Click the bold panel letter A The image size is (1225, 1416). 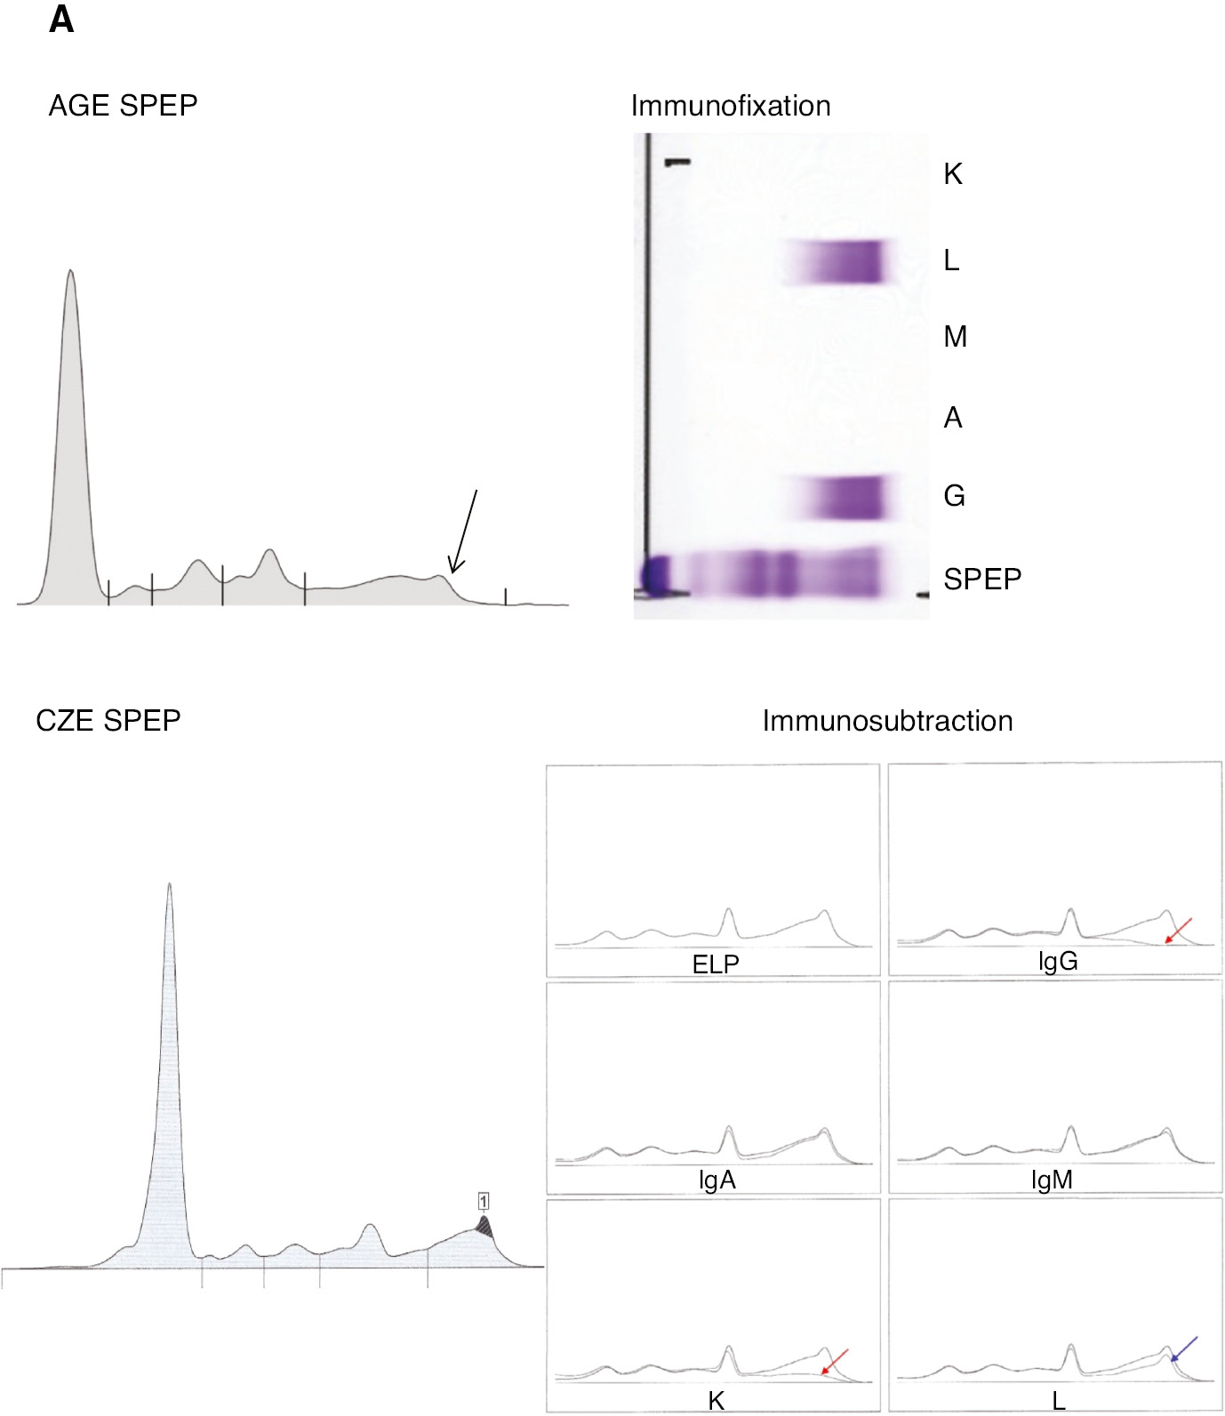pyautogui.click(x=61, y=20)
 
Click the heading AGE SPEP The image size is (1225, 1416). pyautogui.click(x=123, y=106)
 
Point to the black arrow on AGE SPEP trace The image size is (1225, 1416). pyautogui.click(x=464, y=532)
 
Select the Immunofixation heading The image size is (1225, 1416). pyautogui.click(x=730, y=106)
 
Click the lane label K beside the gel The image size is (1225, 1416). pyautogui.click(x=952, y=174)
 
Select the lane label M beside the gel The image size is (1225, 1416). pyautogui.click(x=955, y=337)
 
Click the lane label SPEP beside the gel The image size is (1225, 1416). pyautogui.click(x=981, y=580)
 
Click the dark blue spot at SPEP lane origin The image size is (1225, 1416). pyautogui.click(x=656, y=575)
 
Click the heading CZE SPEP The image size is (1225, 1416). pyautogui.click(x=108, y=720)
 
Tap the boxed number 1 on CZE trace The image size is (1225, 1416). pyautogui.click(x=483, y=1202)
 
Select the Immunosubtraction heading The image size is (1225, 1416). pyautogui.click(x=887, y=720)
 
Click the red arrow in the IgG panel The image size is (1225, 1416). pyautogui.click(x=1178, y=931)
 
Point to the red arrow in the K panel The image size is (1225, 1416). pyautogui.click(x=834, y=1361)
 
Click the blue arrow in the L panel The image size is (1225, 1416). pyautogui.click(x=1184, y=1348)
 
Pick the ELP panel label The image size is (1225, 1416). pyautogui.click(x=716, y=964)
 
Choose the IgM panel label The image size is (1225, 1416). pyautogui.click(x=1052, y=1180)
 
